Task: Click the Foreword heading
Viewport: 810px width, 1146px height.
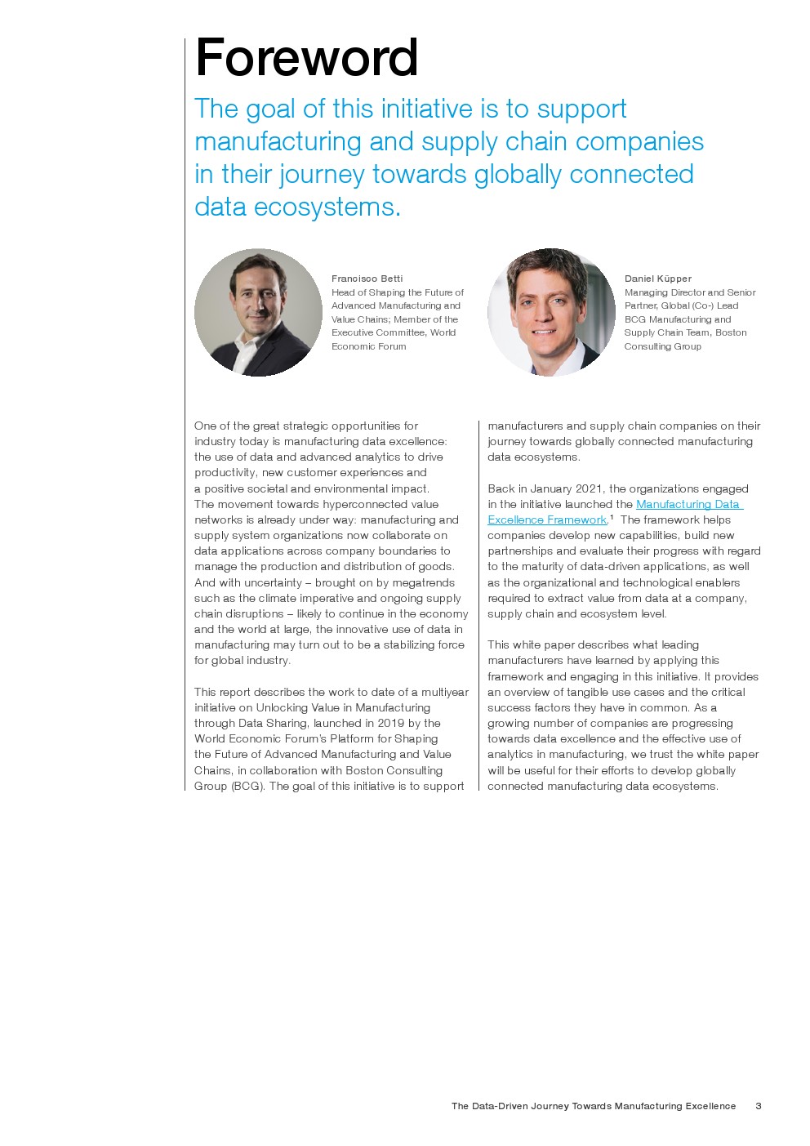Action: [307, 59]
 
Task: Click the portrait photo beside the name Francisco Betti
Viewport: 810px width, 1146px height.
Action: [258, 312]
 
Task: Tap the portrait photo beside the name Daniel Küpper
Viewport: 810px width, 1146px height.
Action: [551, 312]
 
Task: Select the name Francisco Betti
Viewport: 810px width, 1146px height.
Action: [367, 279]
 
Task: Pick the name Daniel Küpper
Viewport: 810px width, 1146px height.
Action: [657, 279]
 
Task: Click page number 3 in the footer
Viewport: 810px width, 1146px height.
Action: [759, 1106]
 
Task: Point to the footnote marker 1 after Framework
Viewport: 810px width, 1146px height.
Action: [612, 517]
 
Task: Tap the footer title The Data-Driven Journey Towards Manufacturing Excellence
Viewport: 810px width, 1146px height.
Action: [594, 1106]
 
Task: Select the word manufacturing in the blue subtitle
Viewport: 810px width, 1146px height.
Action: [278, 141]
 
